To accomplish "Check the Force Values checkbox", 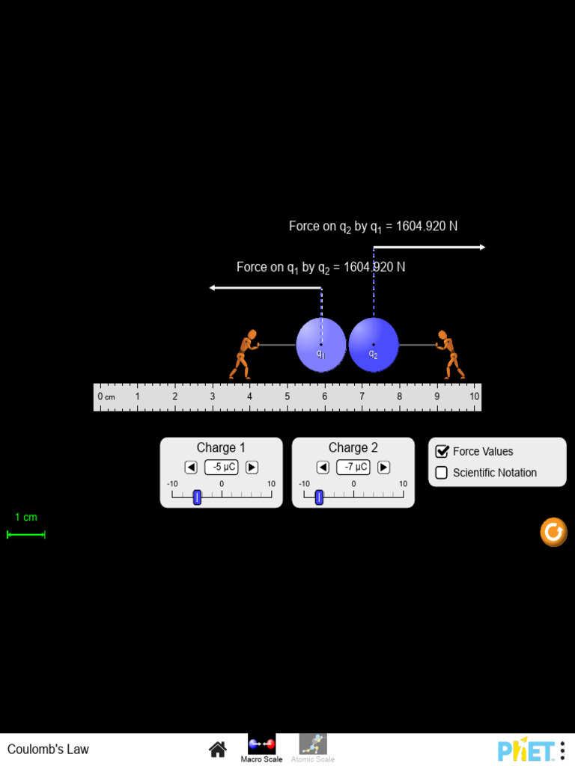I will coord(442,452).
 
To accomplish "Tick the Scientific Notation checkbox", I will coord(442,473).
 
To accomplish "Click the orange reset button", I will coord(553,533).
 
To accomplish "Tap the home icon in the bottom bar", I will coord(218,749).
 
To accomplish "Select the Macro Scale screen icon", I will coord(262,744).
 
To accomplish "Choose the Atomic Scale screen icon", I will coord(313,744).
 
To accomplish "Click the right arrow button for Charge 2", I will coord(383,468).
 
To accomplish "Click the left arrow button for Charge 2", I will coord(323,468).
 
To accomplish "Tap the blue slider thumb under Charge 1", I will coord(197,497).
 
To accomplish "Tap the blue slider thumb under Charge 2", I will coord(319,497).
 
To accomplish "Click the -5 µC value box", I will coord(222,468).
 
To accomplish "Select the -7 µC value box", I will coord(353,468).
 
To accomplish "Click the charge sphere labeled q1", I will coord(321,345).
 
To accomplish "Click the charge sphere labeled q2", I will coord(374,345).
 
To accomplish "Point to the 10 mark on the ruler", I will coord(475,396).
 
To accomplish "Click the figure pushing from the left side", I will coord(244,355).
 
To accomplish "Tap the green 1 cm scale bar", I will coord(26,534).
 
